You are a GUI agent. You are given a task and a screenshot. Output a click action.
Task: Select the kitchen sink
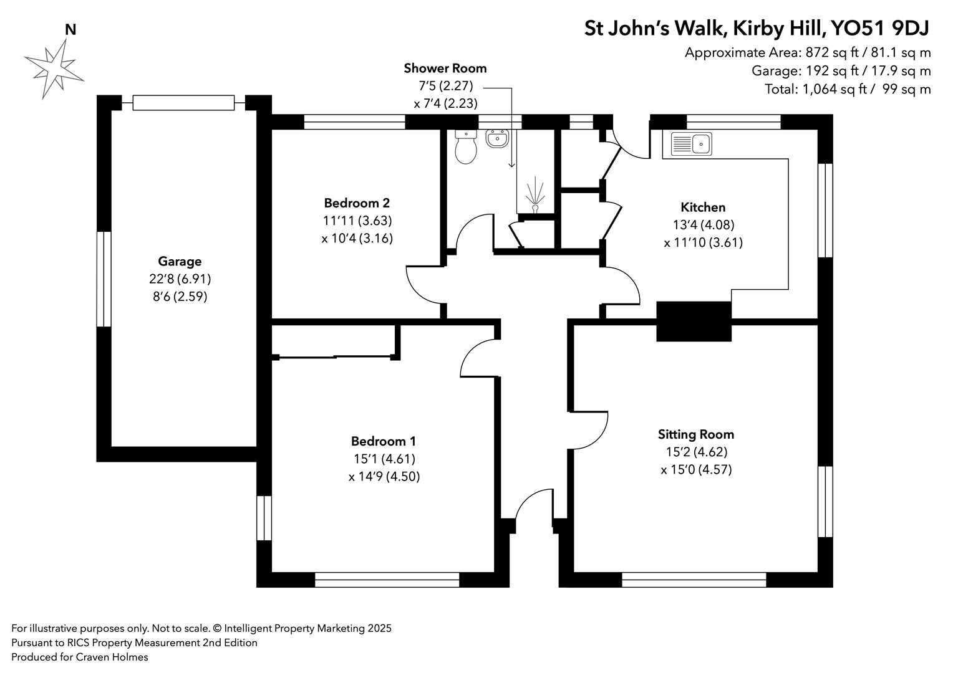coord(691,144)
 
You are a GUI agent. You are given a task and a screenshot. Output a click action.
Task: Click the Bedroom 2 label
coord(357,203)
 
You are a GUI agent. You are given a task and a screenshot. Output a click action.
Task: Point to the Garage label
coord(180,262)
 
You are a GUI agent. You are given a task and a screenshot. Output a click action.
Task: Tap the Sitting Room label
coord(696,434)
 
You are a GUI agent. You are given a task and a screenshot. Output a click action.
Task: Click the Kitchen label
coord(703,208)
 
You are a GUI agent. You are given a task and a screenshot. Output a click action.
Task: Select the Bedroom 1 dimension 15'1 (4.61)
coord(384,459)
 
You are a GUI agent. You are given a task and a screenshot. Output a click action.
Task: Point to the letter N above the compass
coord(70,29)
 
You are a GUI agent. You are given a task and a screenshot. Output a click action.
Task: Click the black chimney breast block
coord(694,321)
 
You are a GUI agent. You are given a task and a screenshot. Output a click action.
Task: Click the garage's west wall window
coord(104,279)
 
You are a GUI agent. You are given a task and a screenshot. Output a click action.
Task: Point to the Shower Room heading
coord(445,68)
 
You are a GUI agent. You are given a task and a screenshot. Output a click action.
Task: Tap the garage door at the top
coord(183,103)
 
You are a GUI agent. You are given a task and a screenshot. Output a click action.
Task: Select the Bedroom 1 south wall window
coord(387,580)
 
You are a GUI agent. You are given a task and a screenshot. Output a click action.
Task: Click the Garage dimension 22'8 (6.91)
coord(180,279)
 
